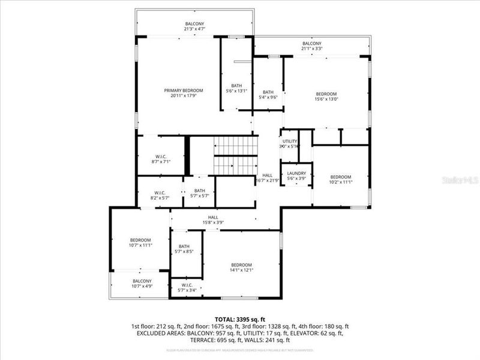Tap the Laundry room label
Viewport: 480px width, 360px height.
(296, 173)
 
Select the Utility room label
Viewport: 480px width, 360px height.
(290, 141)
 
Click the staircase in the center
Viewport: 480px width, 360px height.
(236, 155)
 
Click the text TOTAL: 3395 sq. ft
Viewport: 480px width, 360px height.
(239, 319)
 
